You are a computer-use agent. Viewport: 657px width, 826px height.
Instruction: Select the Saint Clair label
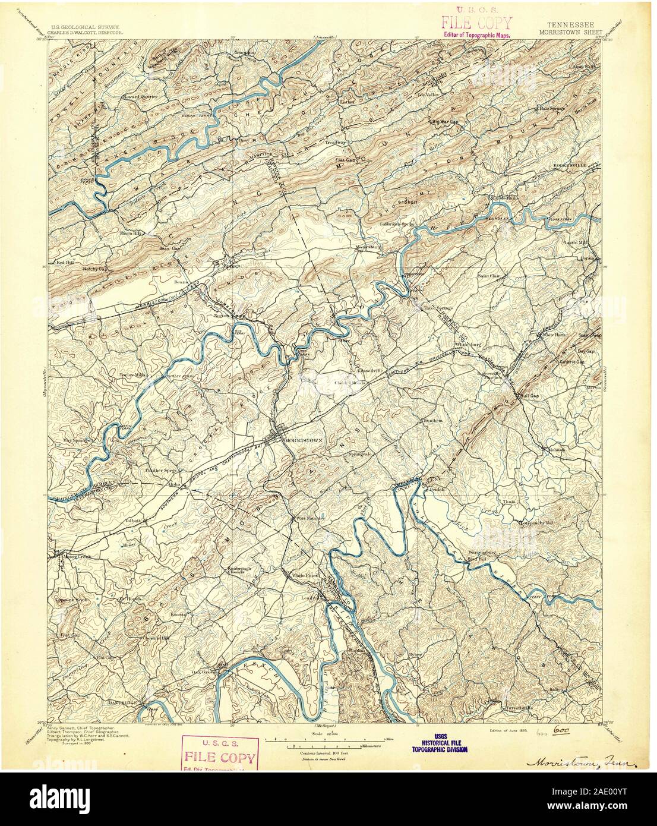(x=492, y=276)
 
